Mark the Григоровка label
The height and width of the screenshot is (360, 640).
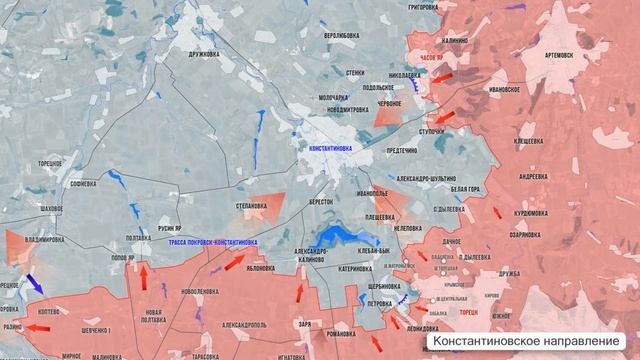(423, 7)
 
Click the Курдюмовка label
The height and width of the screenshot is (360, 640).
(529, 212)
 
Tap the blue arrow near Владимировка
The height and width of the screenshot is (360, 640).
(34, 283)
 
